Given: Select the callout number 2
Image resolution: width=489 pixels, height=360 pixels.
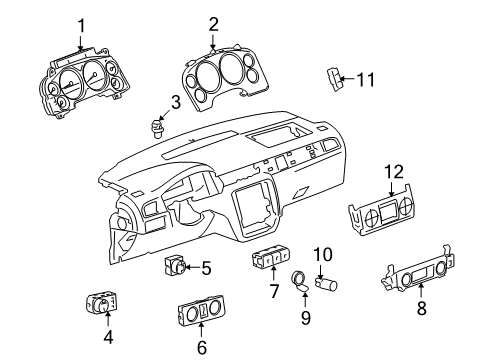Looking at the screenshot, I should click(x=213, y=24).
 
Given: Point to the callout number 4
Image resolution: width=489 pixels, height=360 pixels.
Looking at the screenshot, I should click(x=108, y=337).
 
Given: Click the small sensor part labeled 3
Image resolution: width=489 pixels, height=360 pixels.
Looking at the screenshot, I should click(x=157, y=127).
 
